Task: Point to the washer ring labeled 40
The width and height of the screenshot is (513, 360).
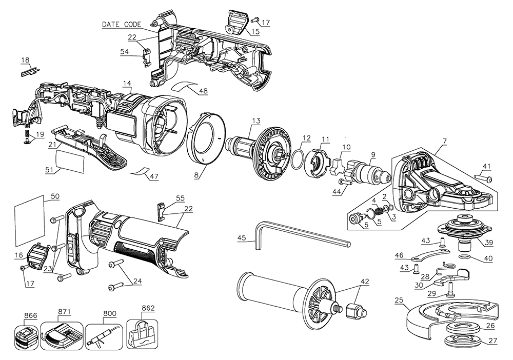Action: click(x=464, y=256)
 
